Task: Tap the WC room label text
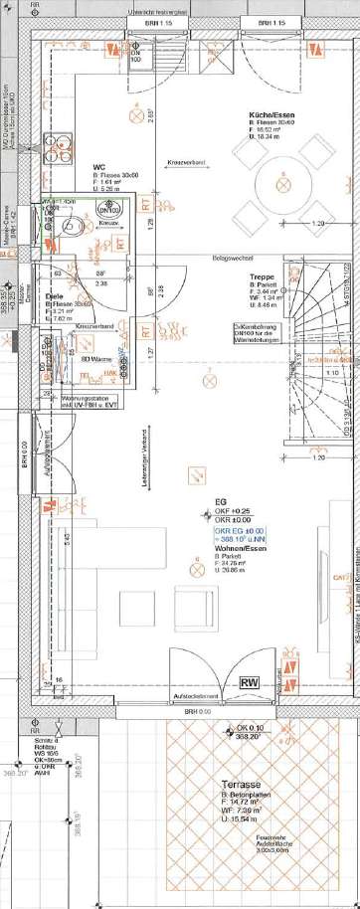click(99, 167)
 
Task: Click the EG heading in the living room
click(220, 503)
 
